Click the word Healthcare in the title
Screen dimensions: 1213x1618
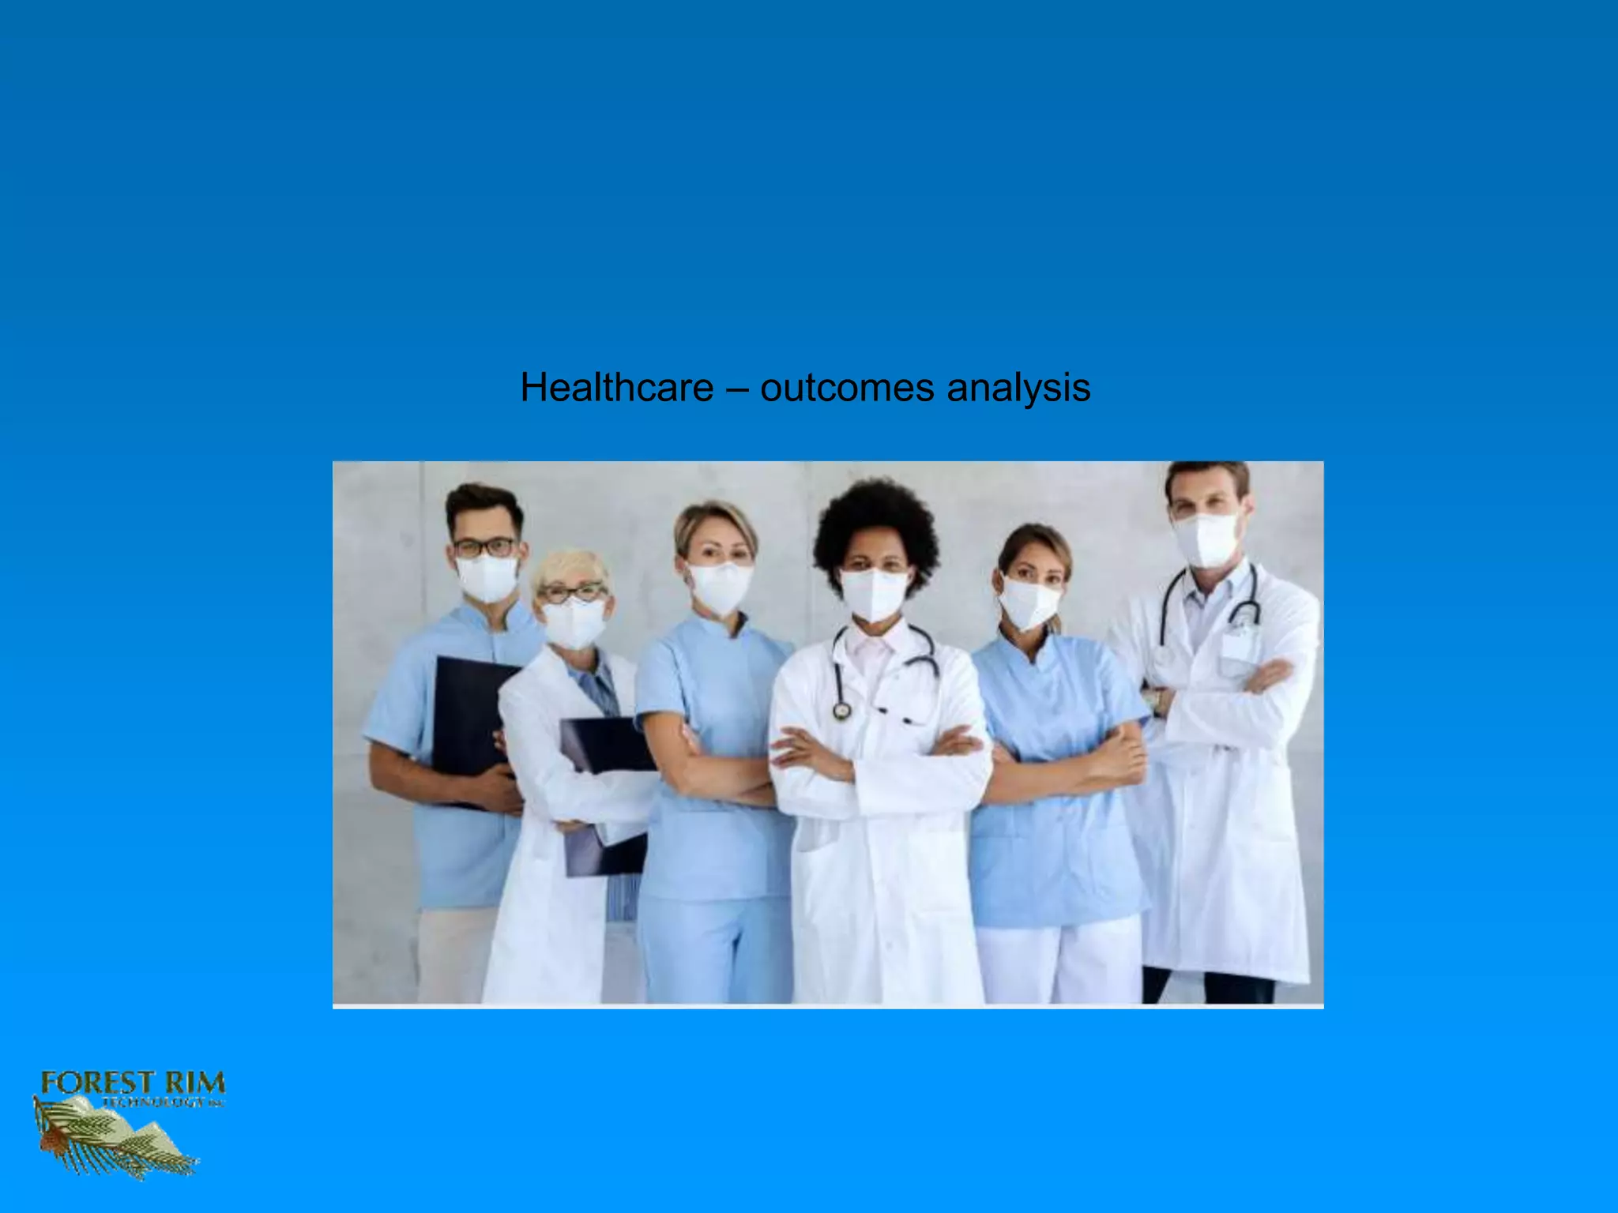point(616,388)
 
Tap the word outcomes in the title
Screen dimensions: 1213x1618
point(847,388)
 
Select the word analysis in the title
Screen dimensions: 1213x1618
point(1018,388)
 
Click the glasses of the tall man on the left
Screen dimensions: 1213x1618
point(484,546)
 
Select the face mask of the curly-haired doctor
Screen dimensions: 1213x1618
point(874,594)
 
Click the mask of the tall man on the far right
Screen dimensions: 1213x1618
point(1206,539)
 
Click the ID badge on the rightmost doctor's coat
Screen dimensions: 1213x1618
point(1239,644)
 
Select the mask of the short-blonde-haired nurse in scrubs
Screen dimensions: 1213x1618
point(719,588)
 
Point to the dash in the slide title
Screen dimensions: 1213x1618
point(736,389)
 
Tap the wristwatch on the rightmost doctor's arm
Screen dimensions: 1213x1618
point(1156,700)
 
